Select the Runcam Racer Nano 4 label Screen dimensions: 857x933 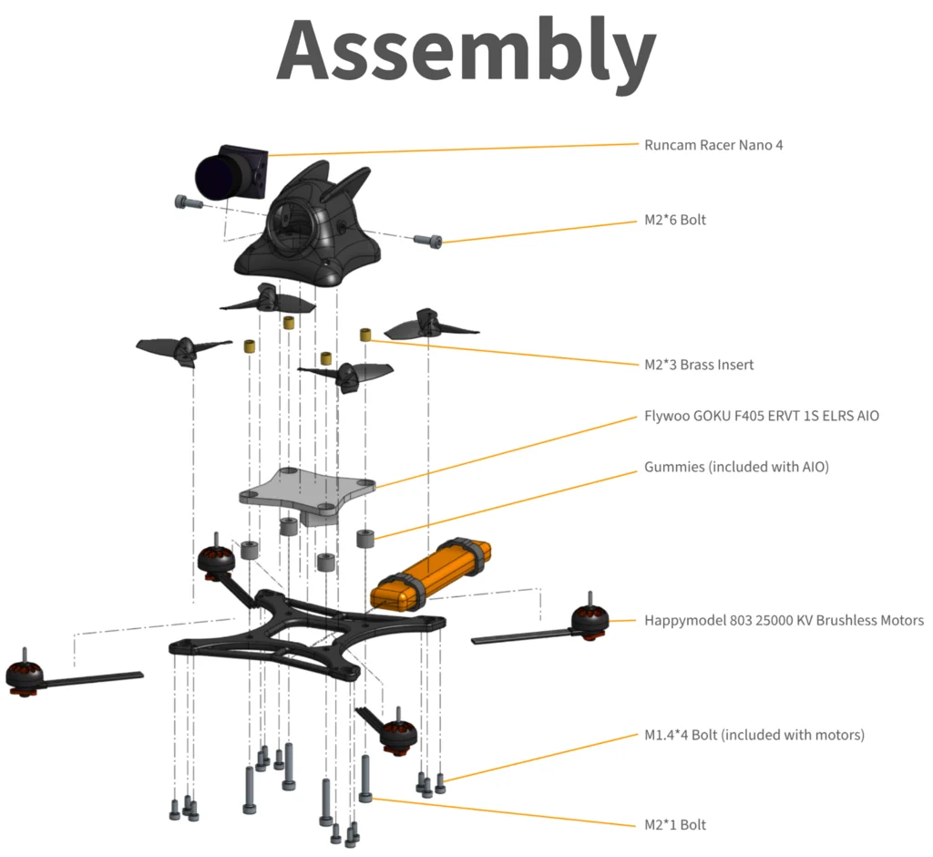click(713, 144)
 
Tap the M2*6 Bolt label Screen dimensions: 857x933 click(674, 220)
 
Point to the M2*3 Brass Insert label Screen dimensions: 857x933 click(699, 365)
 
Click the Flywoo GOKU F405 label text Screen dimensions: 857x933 click(762, 417)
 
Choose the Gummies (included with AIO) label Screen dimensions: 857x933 click(736, 467)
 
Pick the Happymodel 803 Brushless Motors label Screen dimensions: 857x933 click(784, 620)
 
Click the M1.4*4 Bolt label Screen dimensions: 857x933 click(754, 734)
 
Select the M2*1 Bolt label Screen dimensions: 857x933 click(674, 825)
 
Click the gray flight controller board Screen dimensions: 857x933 click(308, 494)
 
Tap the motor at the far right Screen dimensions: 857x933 click(588, 620)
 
